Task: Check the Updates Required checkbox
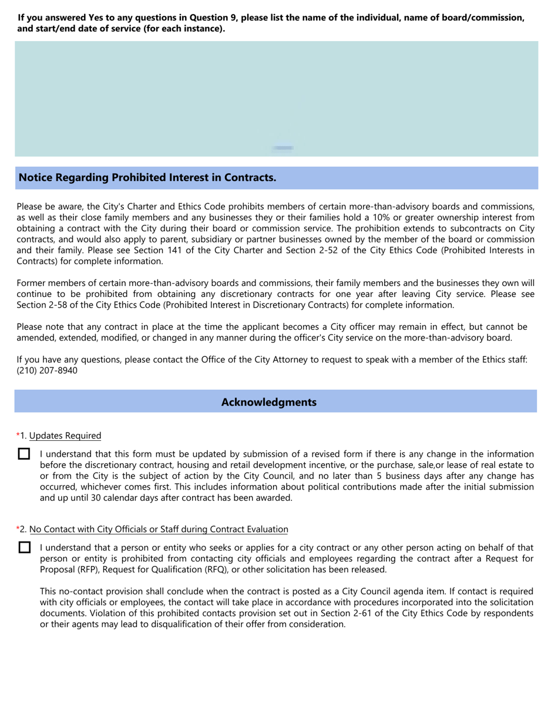pos(24,454)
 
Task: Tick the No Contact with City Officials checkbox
pos(24,547)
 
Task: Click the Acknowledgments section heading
pos(268,402)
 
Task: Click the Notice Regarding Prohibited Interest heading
pos(147,177)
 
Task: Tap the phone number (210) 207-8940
pos(47,370)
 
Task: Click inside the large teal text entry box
pos(276,94)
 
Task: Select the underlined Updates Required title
pos(65,436)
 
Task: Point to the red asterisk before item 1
pos(18,435)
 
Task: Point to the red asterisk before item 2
pos(18,529)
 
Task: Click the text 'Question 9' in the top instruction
pos(213,18)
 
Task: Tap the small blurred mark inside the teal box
pos(283,148)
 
